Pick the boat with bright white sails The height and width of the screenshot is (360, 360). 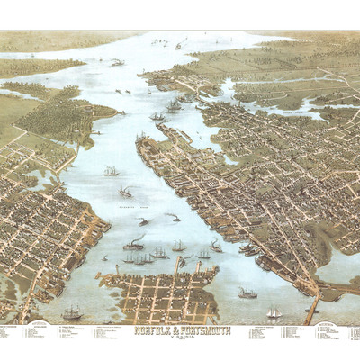(274, 312)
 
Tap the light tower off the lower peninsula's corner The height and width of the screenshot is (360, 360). (104, 258)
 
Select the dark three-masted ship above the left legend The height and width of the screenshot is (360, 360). (71, 311)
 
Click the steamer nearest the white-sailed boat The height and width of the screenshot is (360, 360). (247, 292)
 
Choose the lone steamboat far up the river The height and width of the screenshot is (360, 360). (118, 62)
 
